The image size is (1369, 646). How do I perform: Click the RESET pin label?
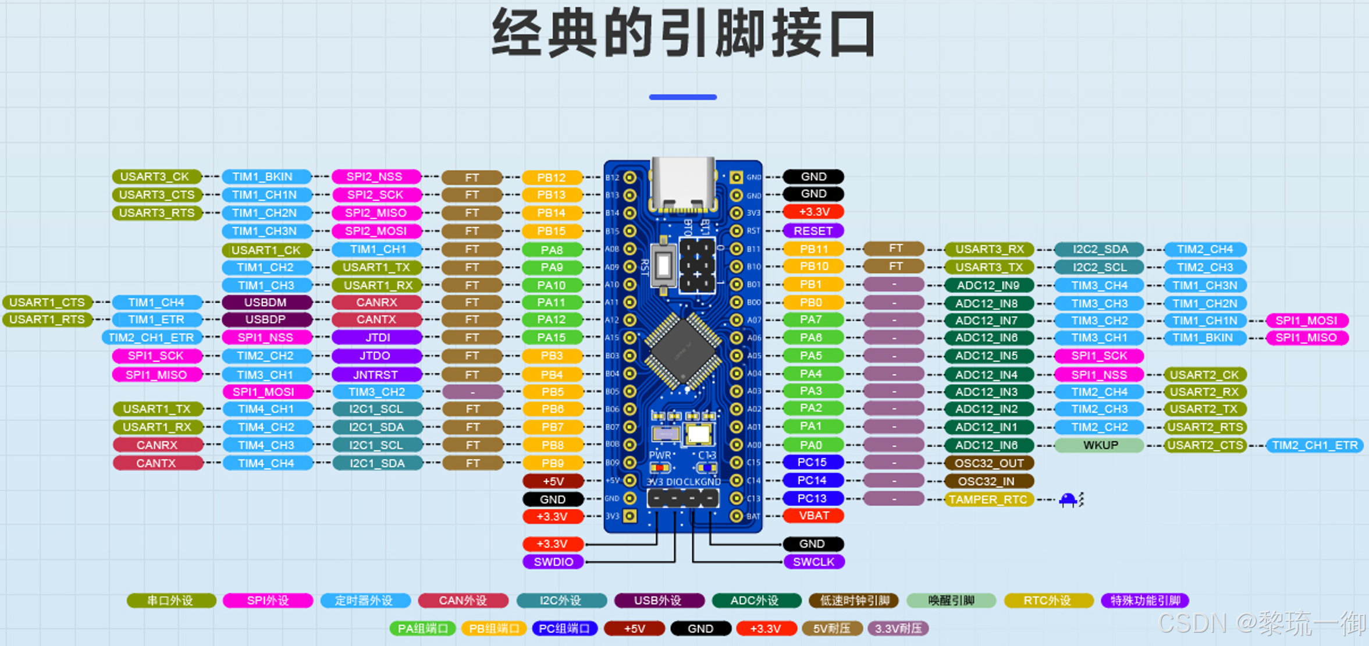tap(813, 230)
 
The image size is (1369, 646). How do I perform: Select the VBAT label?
tap(813, 516)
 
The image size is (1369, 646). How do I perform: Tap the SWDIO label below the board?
tap(553, 562)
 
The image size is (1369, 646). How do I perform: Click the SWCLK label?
tap(813, 562)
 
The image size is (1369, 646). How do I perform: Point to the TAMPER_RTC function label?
tap(988, 499)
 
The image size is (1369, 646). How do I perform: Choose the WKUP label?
tap(1099, 445)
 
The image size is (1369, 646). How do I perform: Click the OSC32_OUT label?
tap(988, 463)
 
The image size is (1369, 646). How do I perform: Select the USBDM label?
tap(265, 302)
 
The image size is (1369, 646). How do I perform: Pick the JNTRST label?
tap(376, 375)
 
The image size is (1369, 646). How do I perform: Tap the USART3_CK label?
tap(155, 176)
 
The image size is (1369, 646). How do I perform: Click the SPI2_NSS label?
tap(375, 176)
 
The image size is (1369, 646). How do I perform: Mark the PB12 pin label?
tap(552, 178)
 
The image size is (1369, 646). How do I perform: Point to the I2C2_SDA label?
tap(1099, 249)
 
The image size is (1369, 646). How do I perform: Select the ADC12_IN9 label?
tap(988, 285)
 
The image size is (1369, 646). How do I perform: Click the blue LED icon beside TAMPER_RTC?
tap(1068, 499)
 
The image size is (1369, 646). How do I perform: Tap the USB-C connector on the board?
tap(683, 183)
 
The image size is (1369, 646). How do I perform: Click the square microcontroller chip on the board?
tap(683, 350)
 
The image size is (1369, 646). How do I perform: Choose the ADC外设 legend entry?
tap(755, 601)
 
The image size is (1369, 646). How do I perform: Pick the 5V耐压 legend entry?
tap(832, 629)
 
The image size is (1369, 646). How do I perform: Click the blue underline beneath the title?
tap(683, 97)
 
